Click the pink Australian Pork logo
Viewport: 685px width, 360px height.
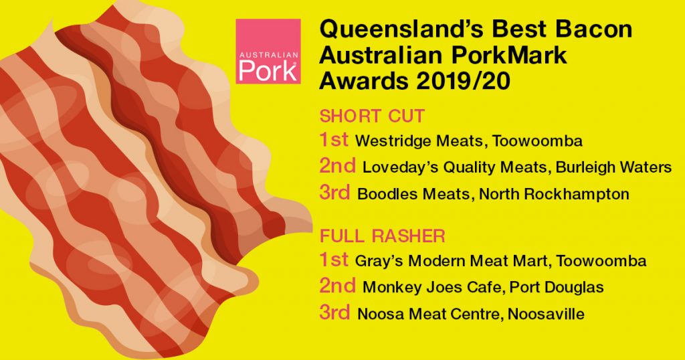pos(268,51)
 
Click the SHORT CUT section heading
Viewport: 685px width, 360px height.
pos(372,116)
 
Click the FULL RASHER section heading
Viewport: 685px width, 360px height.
pos(383,236)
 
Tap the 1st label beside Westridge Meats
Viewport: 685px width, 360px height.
pos(334,140)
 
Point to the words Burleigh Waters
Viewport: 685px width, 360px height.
pos(613,167)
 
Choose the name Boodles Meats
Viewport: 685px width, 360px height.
pos(413,194)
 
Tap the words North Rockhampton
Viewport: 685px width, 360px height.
pos(554,195)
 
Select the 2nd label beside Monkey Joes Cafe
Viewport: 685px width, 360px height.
pos(337,286)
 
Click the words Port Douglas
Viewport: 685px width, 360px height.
pos(557,288)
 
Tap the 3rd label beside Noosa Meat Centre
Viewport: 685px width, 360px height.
pos(334,312)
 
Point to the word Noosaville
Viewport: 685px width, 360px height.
pos(546,314)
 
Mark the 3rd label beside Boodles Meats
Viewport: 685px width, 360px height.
pos(334,193)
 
